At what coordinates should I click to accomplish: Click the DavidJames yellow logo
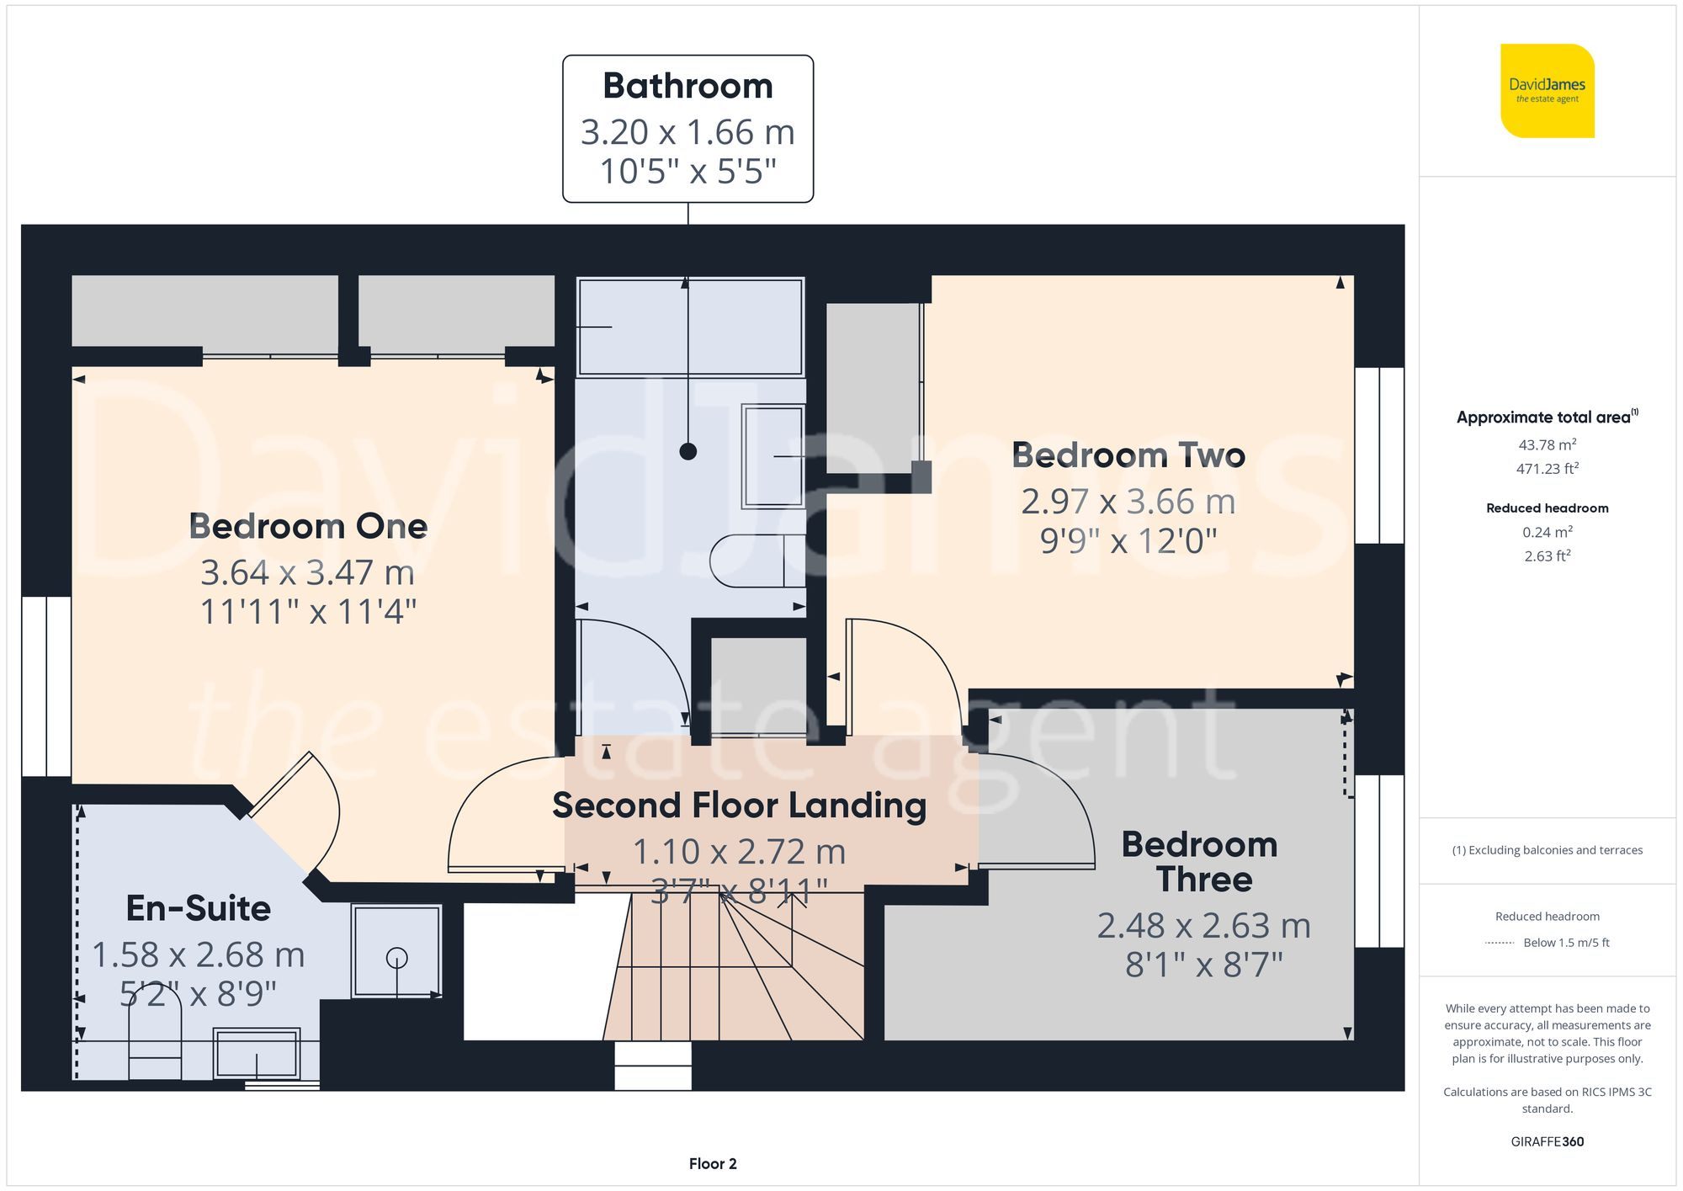click(x=1547, y=91)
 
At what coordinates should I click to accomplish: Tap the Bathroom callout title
click(x=688, y=86)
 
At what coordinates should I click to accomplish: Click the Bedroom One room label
click(x=308, y=526)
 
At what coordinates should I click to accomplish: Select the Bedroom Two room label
click(x=1128, y=455)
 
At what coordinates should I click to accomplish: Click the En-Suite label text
click(x=199, y=908)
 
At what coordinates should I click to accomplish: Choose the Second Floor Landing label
click(x=739, y=806)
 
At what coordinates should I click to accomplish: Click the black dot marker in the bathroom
click(x=688, y=451)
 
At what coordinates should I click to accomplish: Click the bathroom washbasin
click(x=772, y=456)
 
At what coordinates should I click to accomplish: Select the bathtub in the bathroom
click(x=690, y=326)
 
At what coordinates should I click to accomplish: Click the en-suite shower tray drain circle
click(x=396, y=958)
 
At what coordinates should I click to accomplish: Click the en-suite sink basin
click(x=257, y=1052)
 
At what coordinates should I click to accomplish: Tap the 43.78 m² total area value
click(x=1547, y=444)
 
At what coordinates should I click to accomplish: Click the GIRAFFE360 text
click(x=1547, y=1141)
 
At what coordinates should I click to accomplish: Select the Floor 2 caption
click(x=712, y=1163)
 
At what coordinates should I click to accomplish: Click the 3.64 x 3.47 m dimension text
click(x=308, y=573)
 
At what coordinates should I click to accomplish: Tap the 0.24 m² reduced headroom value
click(x=1547, y=532)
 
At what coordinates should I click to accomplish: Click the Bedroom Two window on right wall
click(x=1378, y=455)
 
